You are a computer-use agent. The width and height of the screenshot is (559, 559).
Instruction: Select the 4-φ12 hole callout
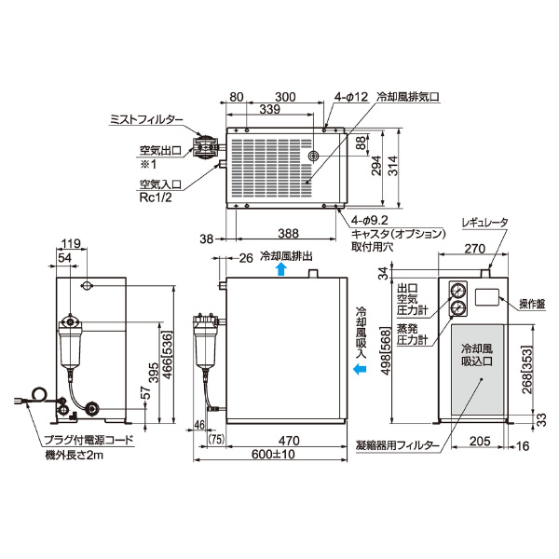pyautogui.click(x=351, y=96)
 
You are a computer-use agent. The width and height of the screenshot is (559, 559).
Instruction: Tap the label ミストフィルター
pyautogui.click(x=146, y=118)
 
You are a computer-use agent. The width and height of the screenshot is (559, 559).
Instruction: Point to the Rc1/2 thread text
pyautogui.click(x=152, y=198)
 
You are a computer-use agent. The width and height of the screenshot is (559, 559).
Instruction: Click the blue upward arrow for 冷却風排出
pyautogui.click(x=281, y=268)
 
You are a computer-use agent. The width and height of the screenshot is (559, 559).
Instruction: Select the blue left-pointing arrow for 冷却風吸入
pyautogui.click(x=359, y=370)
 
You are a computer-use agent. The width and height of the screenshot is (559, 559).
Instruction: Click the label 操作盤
pyautogui.click(x=528, y=304)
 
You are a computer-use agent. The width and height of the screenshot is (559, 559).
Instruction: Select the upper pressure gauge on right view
pyautogui.click(x=457, y=290)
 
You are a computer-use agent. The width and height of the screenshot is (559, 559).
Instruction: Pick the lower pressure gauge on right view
pyautogui.click(x=457, y=308)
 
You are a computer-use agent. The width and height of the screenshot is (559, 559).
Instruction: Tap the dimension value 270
pyautogui.click(x=475, y=249)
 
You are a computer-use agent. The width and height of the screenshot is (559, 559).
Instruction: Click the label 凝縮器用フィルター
pyautogui.click(x=400, y=446)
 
